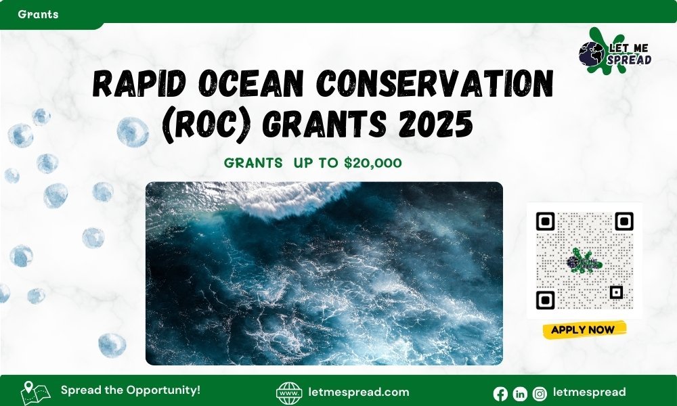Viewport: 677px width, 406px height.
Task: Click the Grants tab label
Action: [x=38, y=14]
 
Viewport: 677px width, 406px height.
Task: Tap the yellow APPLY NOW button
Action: [x=584, y=330]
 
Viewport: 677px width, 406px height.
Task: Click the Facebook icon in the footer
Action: [x=500, y=393]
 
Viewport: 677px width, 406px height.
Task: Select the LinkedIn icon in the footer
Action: [x=520, y=393]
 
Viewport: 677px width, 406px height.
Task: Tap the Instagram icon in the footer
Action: [x=540, y=393]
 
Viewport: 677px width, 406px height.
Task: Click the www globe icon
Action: [x=289, y=393]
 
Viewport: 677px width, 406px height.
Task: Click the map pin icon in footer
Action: [x=35, y=392]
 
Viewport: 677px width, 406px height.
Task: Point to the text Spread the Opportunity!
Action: [x=131, y=390]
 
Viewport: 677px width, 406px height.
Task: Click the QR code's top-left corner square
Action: [x=546, y=221]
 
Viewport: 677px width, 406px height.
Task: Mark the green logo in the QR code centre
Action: [x=584, y=260]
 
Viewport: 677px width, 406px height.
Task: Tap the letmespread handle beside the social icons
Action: [x=589, y=392]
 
